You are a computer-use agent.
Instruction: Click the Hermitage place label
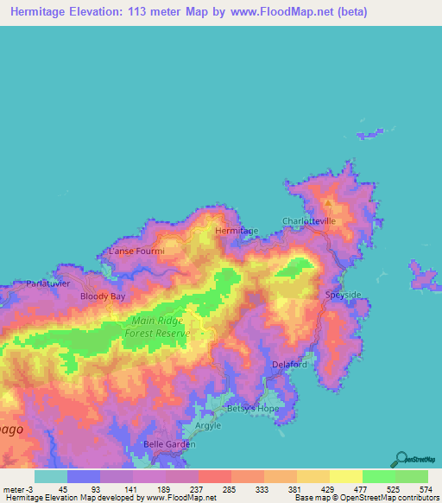(x=236, y=232)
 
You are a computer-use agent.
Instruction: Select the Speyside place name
(x=344, y=295)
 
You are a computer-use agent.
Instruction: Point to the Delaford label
(x=289, y=365)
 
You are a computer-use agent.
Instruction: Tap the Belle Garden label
(x=169, y=444)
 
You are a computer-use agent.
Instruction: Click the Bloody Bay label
(x=103, y=296)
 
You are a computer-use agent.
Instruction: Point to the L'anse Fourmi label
(x=131, y=251)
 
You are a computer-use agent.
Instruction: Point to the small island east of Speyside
(x=422, y=277)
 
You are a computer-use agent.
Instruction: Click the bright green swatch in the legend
(x=378, y=476)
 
